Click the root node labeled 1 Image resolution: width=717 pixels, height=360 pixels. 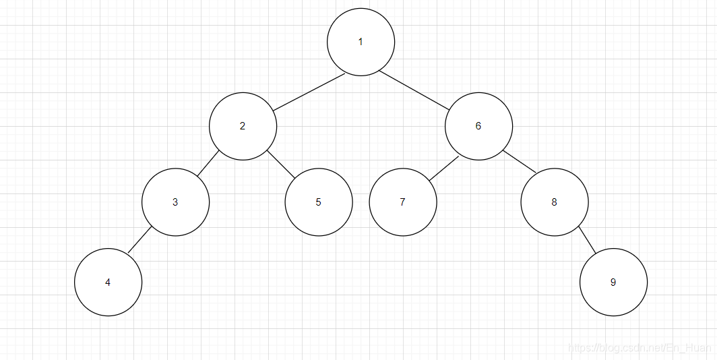(x=361, y=42)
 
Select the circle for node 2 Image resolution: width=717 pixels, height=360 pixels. (x=243, y=126)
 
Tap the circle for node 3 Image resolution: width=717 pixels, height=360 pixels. (x=175, y=202)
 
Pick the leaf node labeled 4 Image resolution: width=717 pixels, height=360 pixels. (x=108, y=282)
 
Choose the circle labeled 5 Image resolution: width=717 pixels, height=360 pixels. (x=318, y=202)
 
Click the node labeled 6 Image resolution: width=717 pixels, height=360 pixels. (x=478, y=126)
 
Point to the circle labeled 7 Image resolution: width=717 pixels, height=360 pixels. (x=402, y=202)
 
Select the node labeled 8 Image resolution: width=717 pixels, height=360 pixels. (x=554, y=202)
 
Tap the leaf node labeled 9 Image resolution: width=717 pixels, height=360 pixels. (x=613, y=282)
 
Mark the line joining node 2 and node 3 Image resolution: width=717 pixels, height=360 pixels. (x=208, y=164)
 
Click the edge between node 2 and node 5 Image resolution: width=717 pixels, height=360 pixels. (x=282, y=165)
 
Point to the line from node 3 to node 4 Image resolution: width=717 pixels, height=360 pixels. (x=139, y=241)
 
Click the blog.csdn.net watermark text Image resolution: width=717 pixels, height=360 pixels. (x=640, y=348)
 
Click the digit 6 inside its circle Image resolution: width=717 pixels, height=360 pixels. (x=478, y=126)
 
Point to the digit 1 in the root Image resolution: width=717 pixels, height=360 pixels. (x=361, y=42)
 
